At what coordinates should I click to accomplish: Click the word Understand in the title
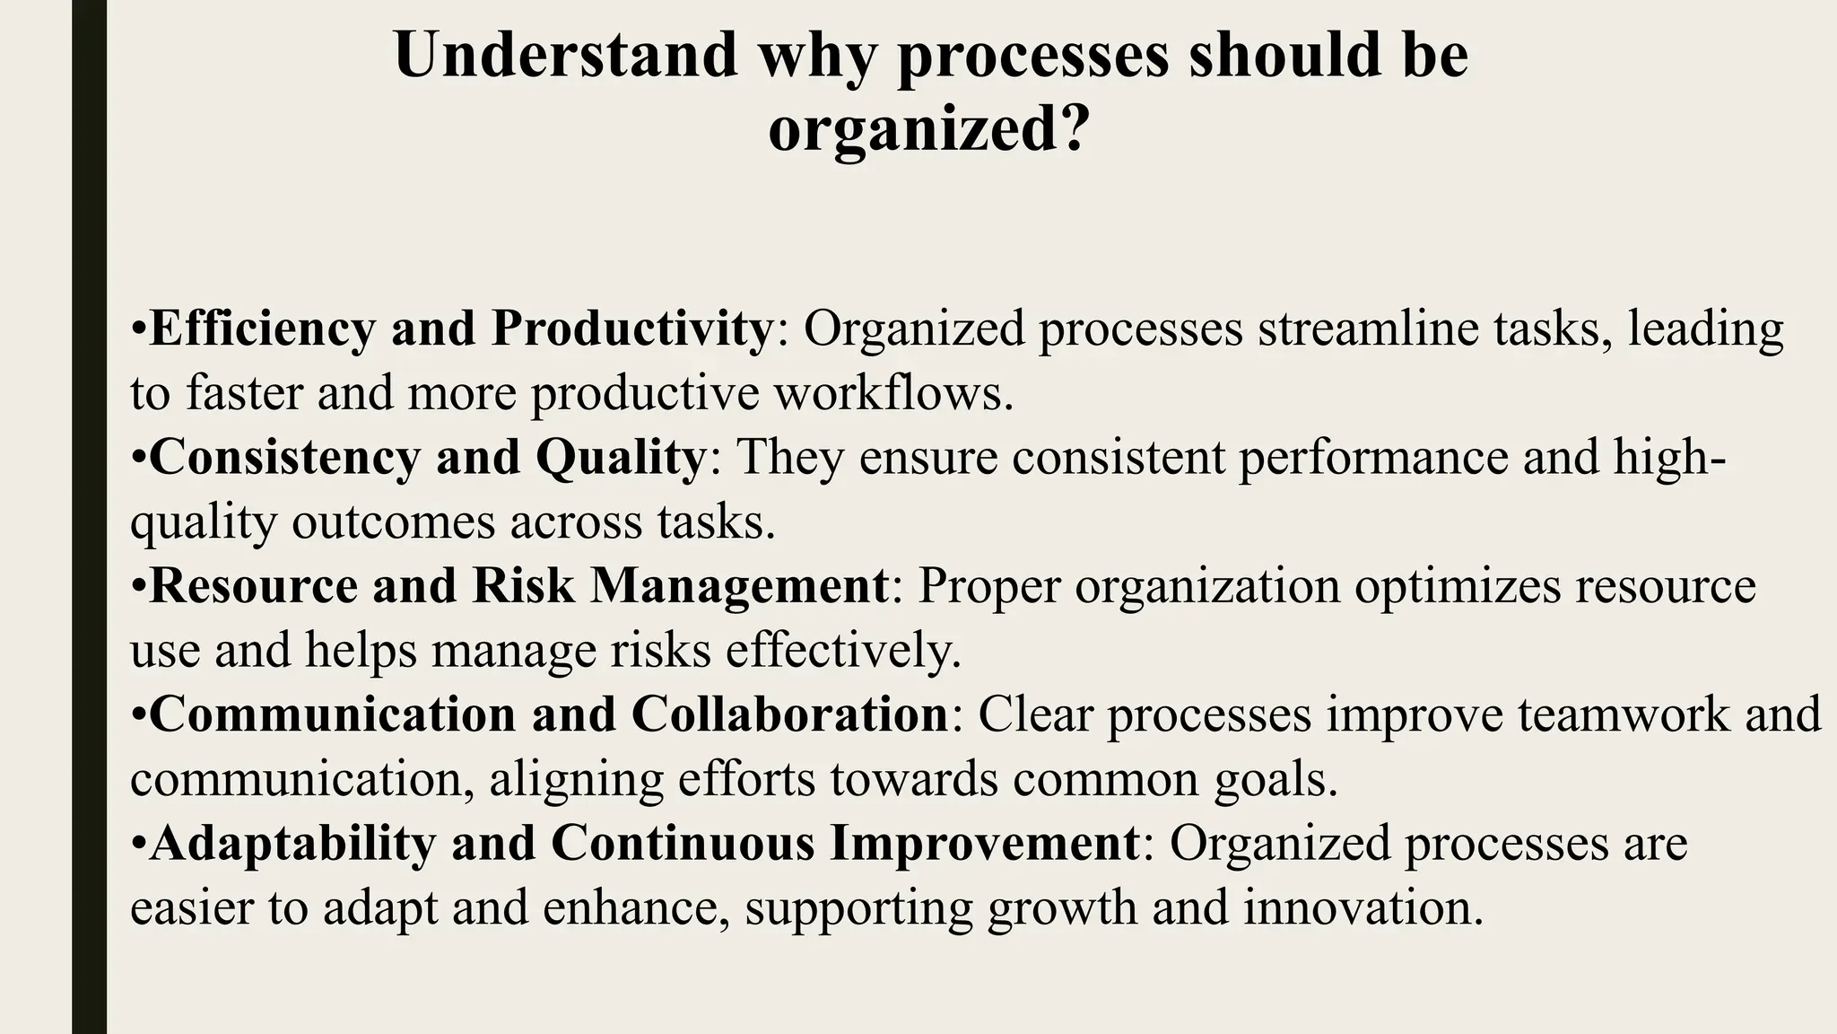point(565,56)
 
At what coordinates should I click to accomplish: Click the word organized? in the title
point(928,130)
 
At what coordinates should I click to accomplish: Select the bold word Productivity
point(631,329)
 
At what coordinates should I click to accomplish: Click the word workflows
point(893,393)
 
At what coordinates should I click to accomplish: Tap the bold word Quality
point(620,459)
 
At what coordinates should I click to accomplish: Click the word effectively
point(843,651)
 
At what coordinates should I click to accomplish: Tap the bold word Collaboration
point(789,715)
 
